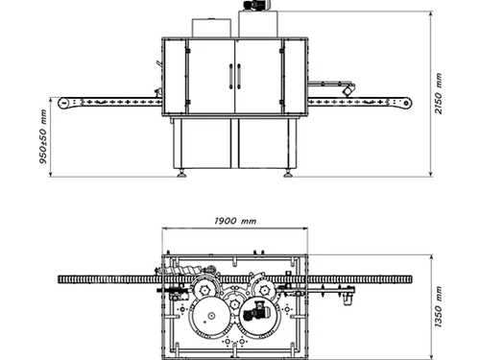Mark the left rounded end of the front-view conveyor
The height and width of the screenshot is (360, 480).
pos(58,100)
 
